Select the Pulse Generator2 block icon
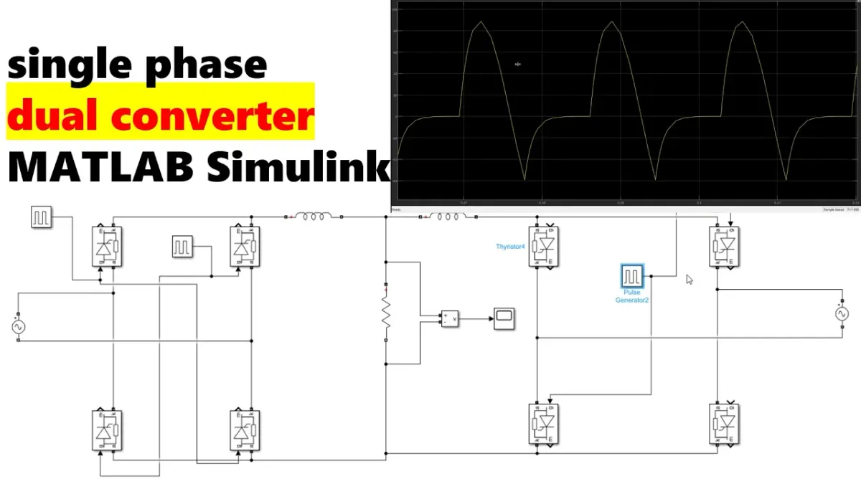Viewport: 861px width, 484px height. pyautogui.click(x=632, y=276)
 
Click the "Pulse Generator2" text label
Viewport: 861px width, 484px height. pyautogui.click(x=631, y=296)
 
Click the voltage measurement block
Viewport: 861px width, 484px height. pyautogui.click(x=450, y=318)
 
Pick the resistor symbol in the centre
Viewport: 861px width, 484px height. pyautogui.click(x=386, y=312)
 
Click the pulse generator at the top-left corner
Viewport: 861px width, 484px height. pyautogui.click(x=41, y=217)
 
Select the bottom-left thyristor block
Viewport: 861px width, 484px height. pyautogui.click(x=107, y=430)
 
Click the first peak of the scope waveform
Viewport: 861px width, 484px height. pyautogui.click(x=481, y=23)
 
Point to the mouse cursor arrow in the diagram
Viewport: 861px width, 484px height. pyautogui.click(x=690, y=280)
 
